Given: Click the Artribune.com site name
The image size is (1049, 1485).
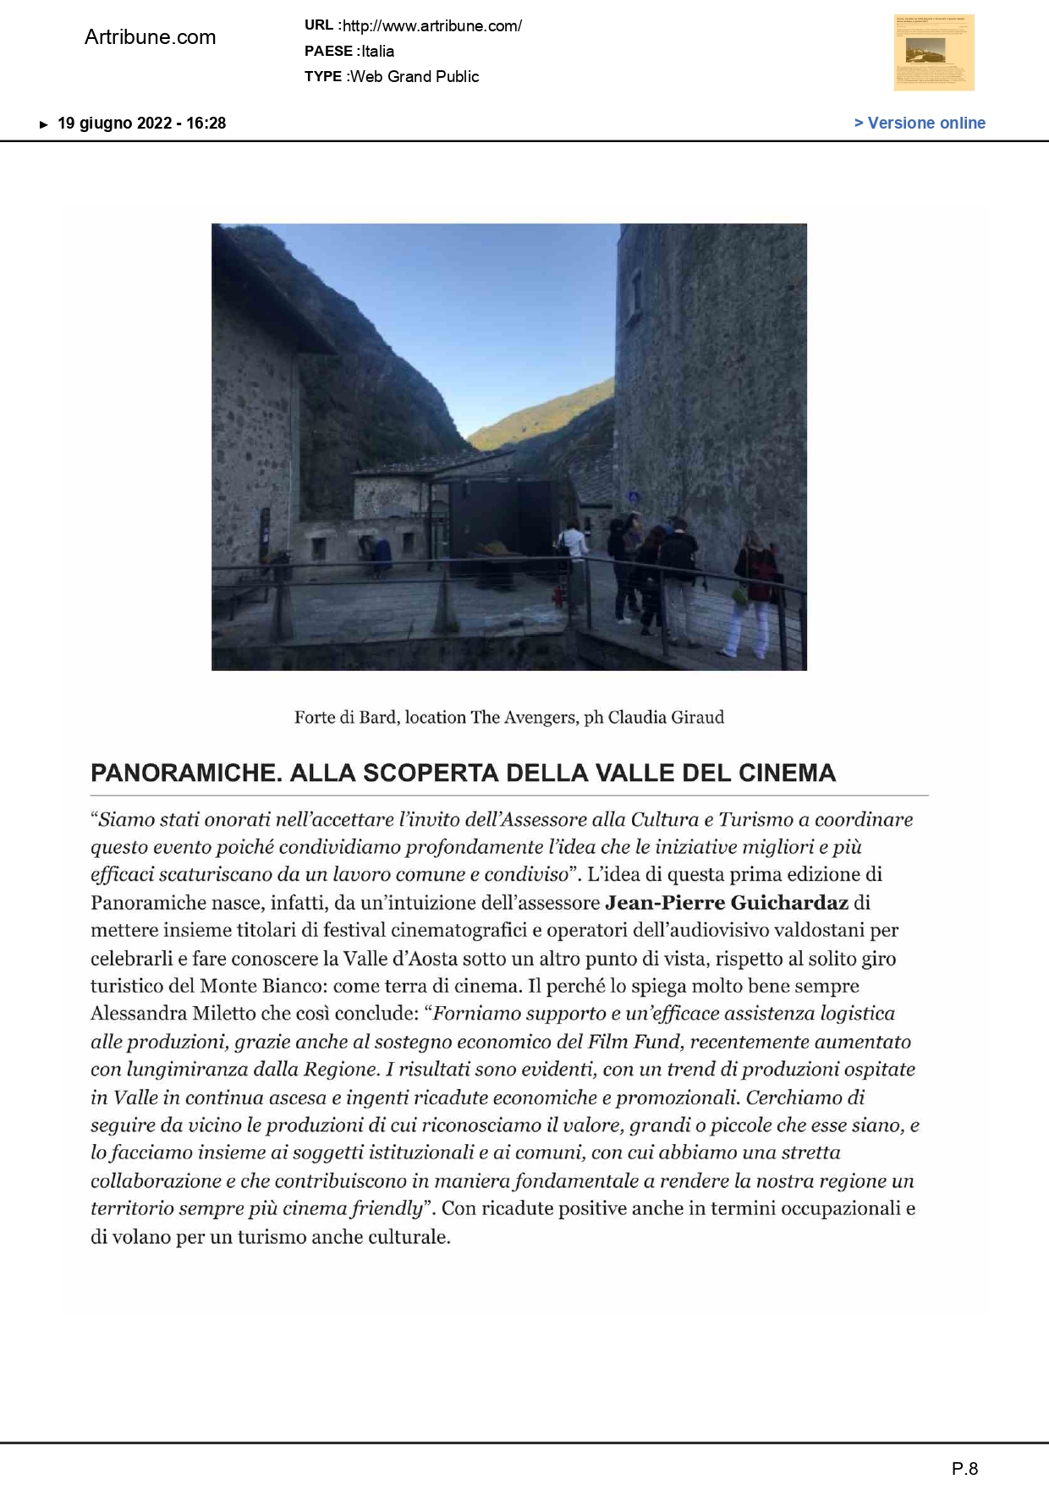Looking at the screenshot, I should coord(150,37).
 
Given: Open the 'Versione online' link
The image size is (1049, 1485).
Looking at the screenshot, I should coord(920,123).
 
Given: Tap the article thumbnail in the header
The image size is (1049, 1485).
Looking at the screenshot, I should coord(934,52).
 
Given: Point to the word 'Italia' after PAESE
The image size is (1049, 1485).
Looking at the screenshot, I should coord(378,51).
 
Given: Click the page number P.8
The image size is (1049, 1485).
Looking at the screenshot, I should coord(964,1468).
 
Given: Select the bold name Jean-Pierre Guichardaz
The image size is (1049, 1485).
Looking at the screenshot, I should coord(726,902).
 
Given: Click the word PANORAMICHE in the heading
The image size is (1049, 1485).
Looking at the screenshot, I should coord(185,773).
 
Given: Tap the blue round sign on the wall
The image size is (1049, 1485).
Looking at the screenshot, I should coord(634,497).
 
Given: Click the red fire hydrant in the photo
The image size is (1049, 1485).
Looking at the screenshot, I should coord(557,596).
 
